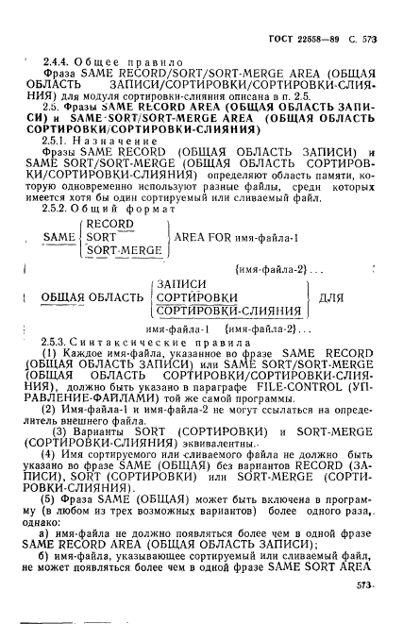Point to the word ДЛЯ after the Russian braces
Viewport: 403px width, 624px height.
click(332, 299)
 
